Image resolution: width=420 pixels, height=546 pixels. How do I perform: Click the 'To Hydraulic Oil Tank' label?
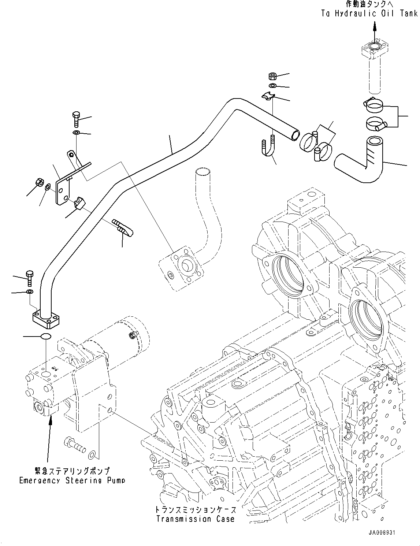click(x=369, y=14)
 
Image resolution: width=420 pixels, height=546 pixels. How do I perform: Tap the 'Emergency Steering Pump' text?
click(x=72, y=480)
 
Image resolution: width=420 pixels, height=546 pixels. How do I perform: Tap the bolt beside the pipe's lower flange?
click(x=29, y=278)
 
